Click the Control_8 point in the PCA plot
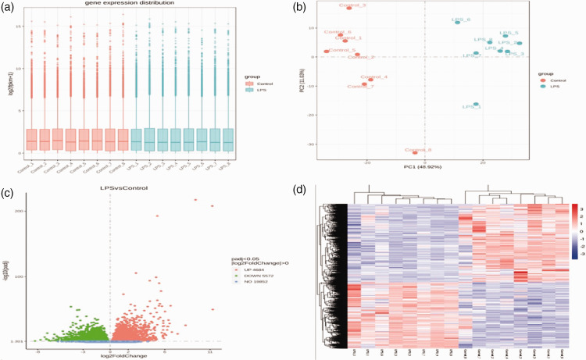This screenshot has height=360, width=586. tap(416, 152)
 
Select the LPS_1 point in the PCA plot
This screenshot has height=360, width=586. tap(476, 104)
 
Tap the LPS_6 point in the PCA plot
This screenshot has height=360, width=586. tap(458, 22)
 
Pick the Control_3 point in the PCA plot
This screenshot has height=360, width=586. tap(349, 8)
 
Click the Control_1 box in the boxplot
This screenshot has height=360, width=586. tap(31, 139)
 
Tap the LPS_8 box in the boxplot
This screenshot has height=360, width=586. tap(228, 139)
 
